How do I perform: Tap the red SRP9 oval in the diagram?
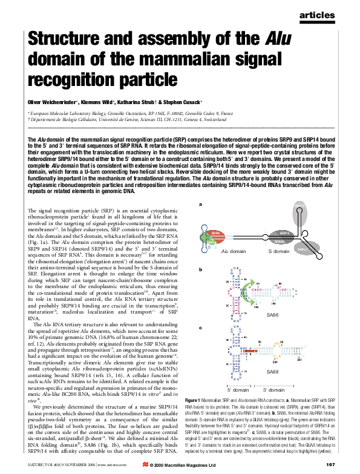(x=215, y=233)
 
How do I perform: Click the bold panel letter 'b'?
(x=200, y=268)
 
